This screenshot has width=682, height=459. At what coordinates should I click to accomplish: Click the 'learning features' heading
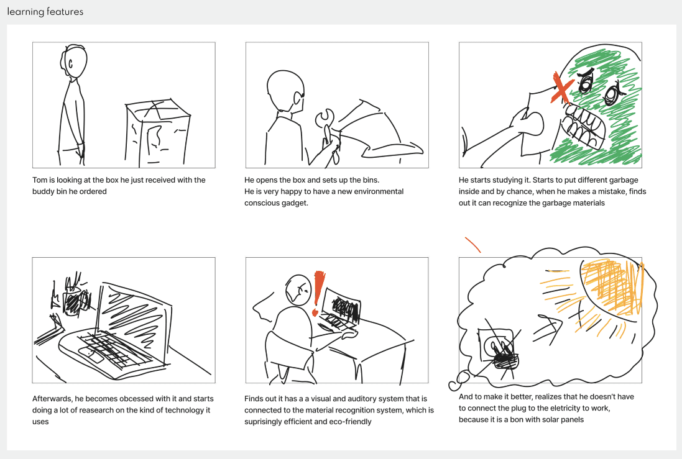pos(45,12)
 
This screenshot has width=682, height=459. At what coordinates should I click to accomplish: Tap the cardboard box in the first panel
pos(157,133)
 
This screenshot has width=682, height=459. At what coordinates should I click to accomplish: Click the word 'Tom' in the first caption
pos(40,180)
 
